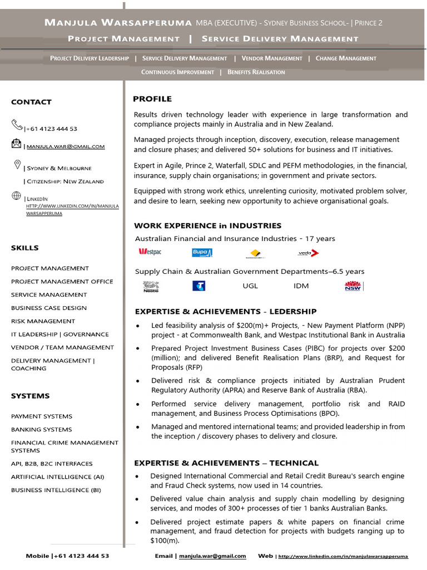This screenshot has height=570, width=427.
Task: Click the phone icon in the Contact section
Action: coord(17,125)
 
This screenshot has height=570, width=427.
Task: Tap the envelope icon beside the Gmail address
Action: coord(17,144)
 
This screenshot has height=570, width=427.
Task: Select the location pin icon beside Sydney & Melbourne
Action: coord(17,165)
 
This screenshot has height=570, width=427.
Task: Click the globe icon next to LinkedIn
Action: coord(17,196)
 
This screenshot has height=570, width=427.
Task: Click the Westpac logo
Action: coord(150,252)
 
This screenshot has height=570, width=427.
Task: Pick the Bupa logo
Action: coord(202,253)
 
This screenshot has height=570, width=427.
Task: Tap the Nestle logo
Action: coord(151,287)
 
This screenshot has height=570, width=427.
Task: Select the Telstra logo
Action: coord(198,286)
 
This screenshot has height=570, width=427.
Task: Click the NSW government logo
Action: coord(353,286)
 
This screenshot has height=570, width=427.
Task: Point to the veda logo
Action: coord(308,253)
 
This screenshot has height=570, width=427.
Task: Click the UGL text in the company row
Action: coord(250,286)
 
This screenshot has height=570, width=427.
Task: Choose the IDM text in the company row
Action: coord(301,286)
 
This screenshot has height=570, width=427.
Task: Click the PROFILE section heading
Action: coord(152,99)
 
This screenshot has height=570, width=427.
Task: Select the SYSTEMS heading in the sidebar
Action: coord(30,396)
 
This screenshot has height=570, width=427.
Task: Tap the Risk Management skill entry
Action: coord(43,321)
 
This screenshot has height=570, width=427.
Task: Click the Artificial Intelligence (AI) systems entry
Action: coord(57,477)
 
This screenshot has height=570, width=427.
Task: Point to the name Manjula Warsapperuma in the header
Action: coord(118,23)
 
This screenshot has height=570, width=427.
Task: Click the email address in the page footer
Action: coord(212,556)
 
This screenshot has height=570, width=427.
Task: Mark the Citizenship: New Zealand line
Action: coord(64,181)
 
